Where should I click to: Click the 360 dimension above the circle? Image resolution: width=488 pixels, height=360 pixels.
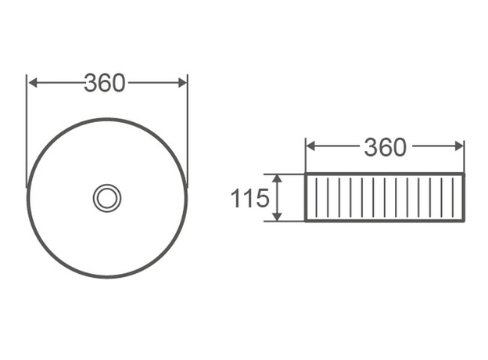coord(105,83)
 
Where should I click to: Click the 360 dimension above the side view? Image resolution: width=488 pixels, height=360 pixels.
coord(385,147)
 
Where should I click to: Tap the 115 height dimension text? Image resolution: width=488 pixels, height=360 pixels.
coord(249,198)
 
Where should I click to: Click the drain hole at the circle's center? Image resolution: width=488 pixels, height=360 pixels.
coord(107,198)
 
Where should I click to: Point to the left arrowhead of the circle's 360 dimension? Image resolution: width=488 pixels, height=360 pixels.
coord(33,83)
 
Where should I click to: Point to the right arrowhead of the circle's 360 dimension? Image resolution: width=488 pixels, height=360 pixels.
coord(181,83)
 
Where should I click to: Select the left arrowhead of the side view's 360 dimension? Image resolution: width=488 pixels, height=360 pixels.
coord(310,146)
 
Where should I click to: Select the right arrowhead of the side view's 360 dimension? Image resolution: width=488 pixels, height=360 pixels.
coord(459,146)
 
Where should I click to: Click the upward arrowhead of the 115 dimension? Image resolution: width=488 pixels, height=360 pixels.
coord(277,178)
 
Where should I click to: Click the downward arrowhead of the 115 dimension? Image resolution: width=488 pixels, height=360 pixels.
coord(277,217)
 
